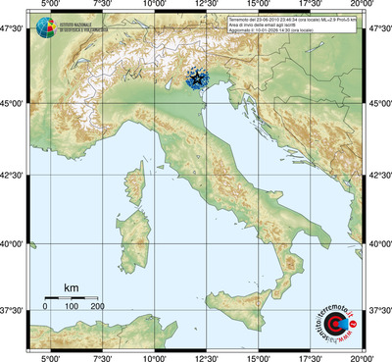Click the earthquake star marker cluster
pos(199,78)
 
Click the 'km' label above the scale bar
pos(71,287)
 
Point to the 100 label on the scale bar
pos(72,307)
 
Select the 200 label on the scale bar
pos(97,307)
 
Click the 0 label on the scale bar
pos(45,307)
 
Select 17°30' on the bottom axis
pos(311,356)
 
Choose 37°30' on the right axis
pos(378,310)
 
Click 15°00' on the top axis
pos(259,7)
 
